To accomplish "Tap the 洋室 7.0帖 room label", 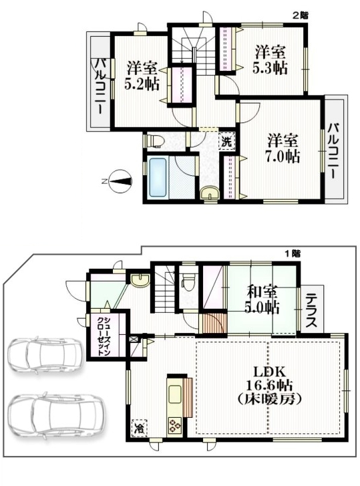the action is pyautogui.click(x=284, y=149).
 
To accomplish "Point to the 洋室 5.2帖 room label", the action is pyautogui.click(x=142, y=76).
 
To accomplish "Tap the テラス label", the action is pyautogui.click(x=311, y=311).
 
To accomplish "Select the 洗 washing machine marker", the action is pyautogui.click(x=227, y=142).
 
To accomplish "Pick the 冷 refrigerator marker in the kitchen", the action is pyautogui.click(x=140, y=428).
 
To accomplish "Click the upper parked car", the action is pyautogui.click(x=46, y=354).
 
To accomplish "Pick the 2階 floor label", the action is pyautogui.click(x=301, y=15).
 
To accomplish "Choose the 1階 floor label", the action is pyautogui.click(x=293, y=253).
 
